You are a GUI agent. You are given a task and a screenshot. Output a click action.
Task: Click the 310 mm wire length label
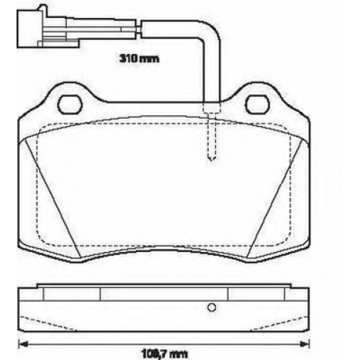[x=139, y=58]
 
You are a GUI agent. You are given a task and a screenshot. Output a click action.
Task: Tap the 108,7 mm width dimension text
[x=164, y=354]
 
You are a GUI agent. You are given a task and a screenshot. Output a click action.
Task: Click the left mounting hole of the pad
[x=70, y=104]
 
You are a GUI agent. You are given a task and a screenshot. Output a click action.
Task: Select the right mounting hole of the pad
[x=258, y=104]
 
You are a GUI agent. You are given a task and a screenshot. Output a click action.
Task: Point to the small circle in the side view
[x=212, y=307]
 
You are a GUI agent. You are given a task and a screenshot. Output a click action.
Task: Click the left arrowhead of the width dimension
[x=22, y=344]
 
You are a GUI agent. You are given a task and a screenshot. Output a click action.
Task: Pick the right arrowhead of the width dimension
[x=305, y=344]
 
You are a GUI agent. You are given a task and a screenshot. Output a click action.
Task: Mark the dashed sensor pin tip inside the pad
[x=212, y=158]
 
